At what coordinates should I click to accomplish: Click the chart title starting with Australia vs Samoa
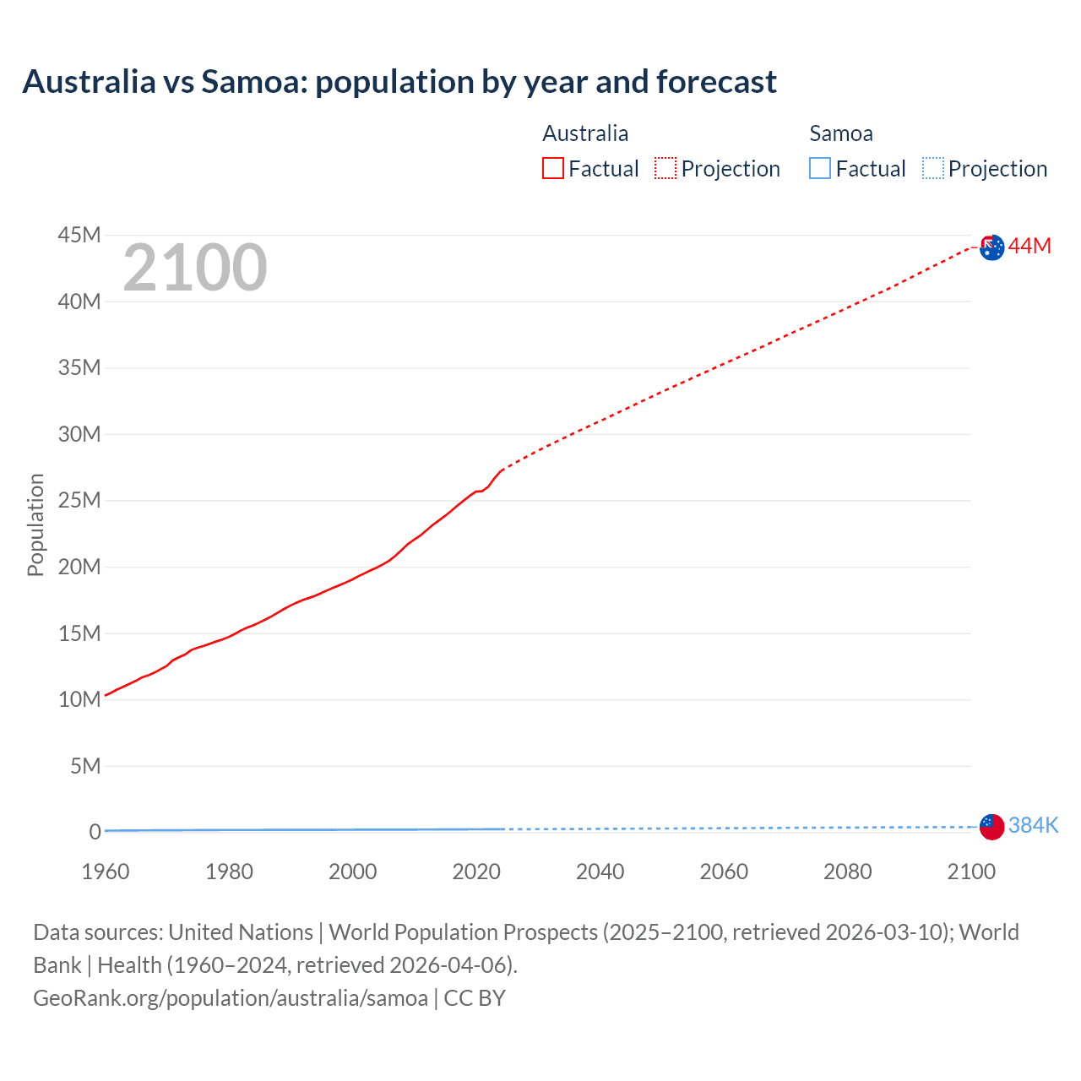(399, 82)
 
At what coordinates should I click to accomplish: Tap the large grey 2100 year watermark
(195, 268)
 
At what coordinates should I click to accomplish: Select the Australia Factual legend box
(552, 169)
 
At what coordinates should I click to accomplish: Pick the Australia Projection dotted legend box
(665, 169)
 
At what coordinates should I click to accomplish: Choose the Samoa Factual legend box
(819, 169)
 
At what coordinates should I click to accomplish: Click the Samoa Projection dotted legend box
(932, 169)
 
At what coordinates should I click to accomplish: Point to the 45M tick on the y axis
(79, 235)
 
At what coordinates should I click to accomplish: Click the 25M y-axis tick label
(79, 501)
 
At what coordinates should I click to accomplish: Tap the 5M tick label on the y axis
(85, 766)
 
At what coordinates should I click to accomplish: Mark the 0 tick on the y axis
(95, 832)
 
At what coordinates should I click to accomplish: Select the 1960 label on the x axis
(106, 872)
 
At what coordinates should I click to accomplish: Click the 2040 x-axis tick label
(600, 872)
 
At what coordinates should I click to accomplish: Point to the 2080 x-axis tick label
(847, 872)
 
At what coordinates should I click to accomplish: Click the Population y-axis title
(35, 524)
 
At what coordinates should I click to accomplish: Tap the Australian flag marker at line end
(991, 247)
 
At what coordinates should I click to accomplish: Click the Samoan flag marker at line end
(991, 827)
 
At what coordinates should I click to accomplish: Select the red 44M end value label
(1029, 246)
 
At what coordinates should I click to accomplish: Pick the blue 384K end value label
(1033, 826)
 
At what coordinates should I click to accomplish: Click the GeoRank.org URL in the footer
(231, 998)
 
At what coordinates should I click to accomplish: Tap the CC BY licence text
(475, 998)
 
